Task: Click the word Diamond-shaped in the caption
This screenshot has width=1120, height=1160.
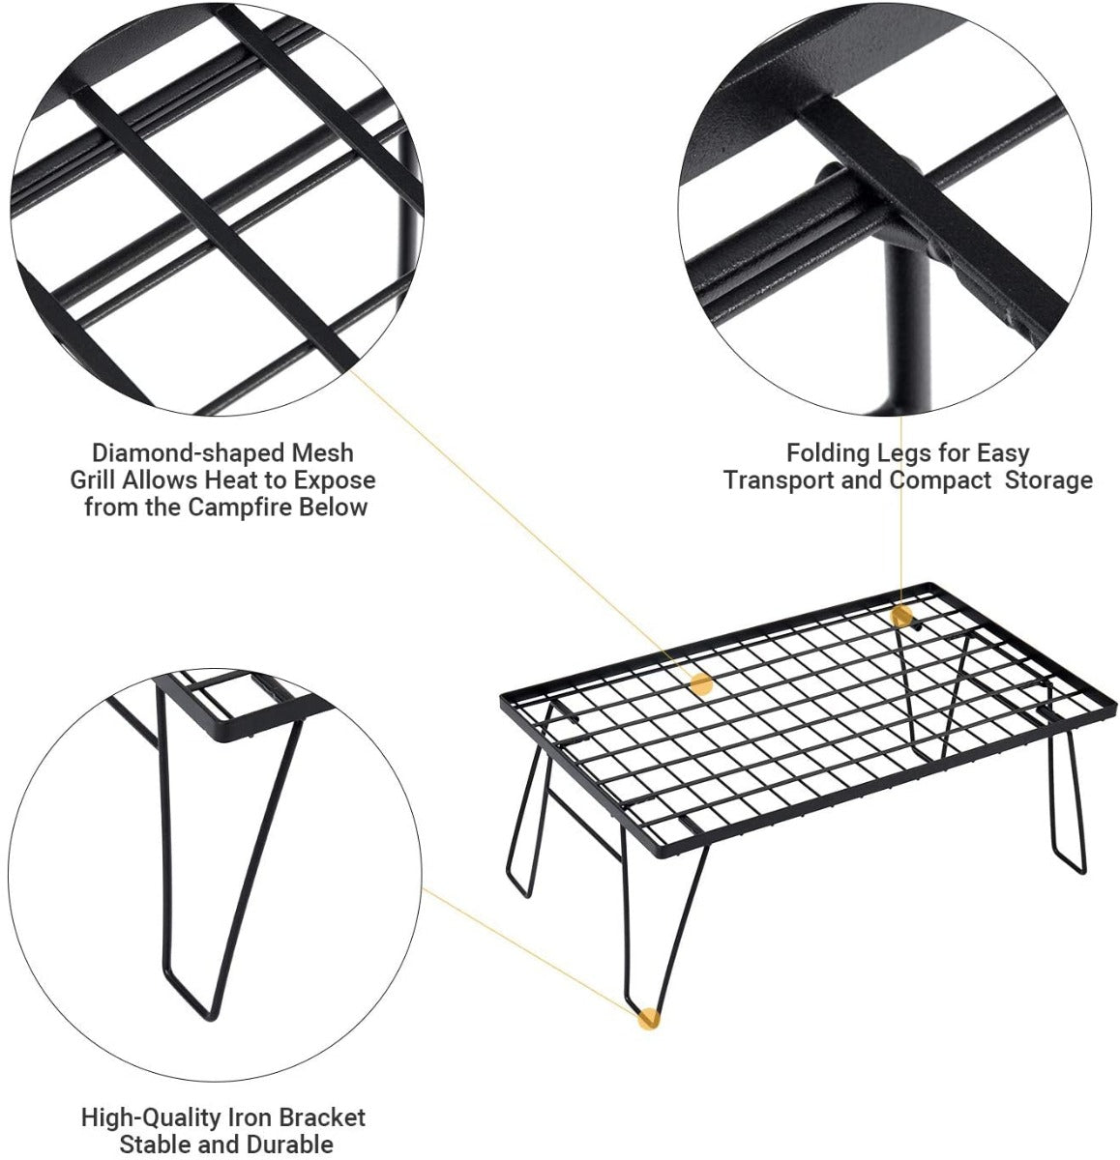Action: coord(189,454)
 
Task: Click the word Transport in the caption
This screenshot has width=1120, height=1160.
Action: coord(779,479)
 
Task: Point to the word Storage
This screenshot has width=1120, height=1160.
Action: coord(1048,480)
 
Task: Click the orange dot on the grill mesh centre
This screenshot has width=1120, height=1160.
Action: coord(701,683)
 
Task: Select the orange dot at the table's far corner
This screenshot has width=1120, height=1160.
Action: coord(901,616)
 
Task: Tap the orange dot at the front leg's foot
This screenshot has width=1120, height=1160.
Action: coord(648,1020)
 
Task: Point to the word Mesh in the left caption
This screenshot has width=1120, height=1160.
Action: coord(322,454)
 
